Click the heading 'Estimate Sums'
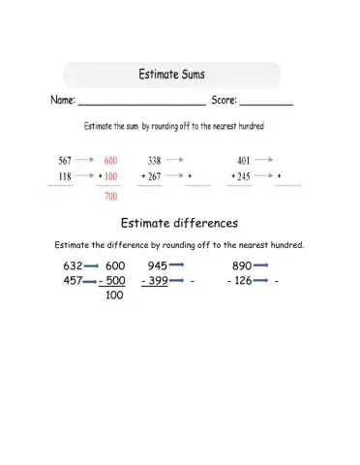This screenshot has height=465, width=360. pyautogui.click(x=171, y=74)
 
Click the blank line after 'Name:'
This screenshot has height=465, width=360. pyautogui.click(x=140, y=102)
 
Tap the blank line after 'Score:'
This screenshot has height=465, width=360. pyautogui.click(x=265, y=102)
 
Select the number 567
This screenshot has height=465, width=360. pyautogui.click(x=65, y=160)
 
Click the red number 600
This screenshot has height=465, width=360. pyautogui.click(x=110, y=160)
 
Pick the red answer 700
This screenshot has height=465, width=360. pyautogui.click(x=110, y=198)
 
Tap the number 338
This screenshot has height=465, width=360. pyautogui.click(x=154, y=160)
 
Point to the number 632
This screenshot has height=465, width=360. pyautogui.click(x=73, y=265)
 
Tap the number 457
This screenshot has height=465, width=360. pyautogui.click(x=73, y=281)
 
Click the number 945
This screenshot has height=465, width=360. pyautogui.click(x=158, y=265)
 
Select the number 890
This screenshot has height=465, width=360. pyautogui.click(x=242, y=265)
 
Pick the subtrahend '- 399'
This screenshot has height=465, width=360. pyautogui.click(x=155, y=281)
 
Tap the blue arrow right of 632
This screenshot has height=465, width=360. pyautogui.click(x=92, y=265)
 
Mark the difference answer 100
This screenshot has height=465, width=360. pyautogui.click(x=114, y=296)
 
